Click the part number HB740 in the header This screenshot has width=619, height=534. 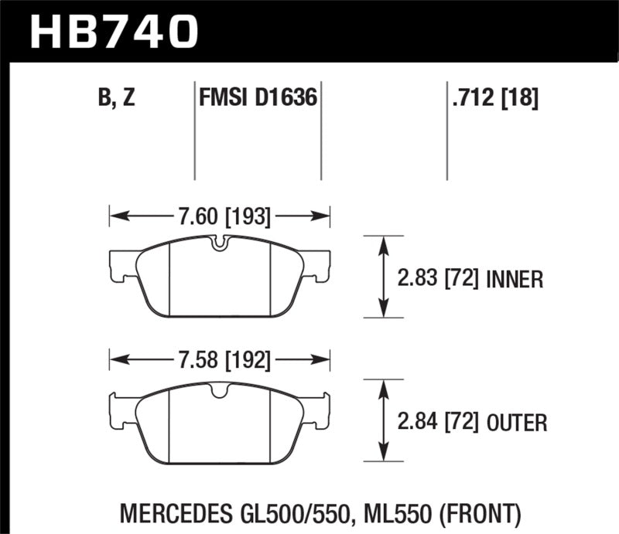114,31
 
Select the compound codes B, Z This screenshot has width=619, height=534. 118,98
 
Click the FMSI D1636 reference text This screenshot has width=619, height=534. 257,98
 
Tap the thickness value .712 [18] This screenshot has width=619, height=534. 493,98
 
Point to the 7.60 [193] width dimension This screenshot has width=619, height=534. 221,217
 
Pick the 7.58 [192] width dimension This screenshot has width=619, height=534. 221,359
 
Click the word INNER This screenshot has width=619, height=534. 515,278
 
